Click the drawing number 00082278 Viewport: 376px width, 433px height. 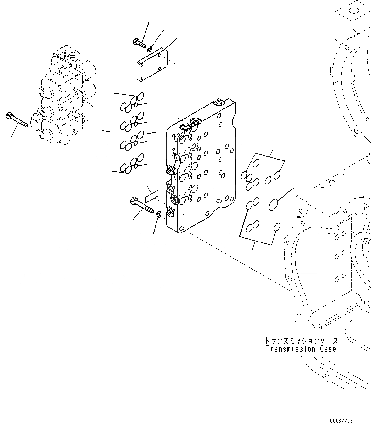341,421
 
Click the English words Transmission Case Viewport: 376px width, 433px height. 301,349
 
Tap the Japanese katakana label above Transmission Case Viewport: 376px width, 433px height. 301,341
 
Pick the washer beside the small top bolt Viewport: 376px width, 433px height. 149,49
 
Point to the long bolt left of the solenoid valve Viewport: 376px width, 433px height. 17,119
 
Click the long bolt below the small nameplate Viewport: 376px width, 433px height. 141,205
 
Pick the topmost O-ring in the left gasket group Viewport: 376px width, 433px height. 140,96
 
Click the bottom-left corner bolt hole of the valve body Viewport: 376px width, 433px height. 181,228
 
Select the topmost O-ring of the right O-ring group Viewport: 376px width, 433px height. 256,164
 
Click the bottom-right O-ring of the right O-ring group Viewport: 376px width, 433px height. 277,227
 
